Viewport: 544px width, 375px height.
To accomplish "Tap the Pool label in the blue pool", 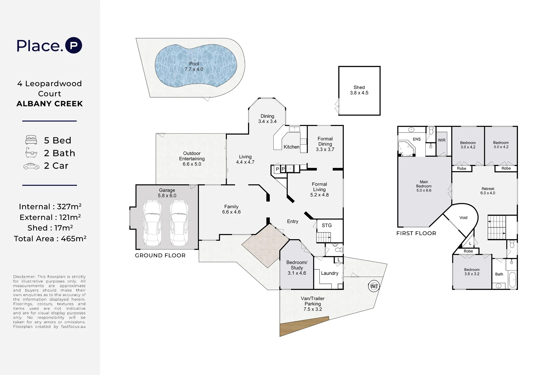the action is [x=194, y=64].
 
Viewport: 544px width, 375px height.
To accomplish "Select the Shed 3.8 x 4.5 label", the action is [x=359, y=90].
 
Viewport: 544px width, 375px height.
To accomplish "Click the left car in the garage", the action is [x=152, y=223].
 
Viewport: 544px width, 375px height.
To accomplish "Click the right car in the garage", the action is [x=179, y=223].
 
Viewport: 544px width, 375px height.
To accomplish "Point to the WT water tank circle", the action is [x=374, y=286].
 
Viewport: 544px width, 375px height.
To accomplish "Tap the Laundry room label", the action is [x=329, y=273].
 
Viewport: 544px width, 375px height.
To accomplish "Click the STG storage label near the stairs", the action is [x=327, y=225].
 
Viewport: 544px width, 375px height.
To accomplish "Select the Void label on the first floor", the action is [x=463, y=218].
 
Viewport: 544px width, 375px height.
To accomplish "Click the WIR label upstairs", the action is [x=442, y=140].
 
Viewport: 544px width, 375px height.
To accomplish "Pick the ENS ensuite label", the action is [x=417, y=139].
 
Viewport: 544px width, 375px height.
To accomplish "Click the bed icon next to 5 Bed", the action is [x=31, y=140].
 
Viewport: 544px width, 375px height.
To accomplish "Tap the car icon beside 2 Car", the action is [x=31, y=166].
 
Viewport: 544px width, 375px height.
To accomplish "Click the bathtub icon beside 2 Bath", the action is [x=31, y=153].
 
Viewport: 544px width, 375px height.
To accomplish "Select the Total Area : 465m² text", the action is [x=50, y=239].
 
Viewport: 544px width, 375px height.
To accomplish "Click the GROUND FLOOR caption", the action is [x=160, y=256].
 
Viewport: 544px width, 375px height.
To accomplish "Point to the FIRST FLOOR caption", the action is [x=416, y=233].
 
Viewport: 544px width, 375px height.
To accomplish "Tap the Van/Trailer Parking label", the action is [x=313, y=304].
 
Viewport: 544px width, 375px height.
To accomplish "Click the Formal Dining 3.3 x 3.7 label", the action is [x=325, y=144].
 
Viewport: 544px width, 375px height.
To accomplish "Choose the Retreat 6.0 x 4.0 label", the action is [x=488, y=191].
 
